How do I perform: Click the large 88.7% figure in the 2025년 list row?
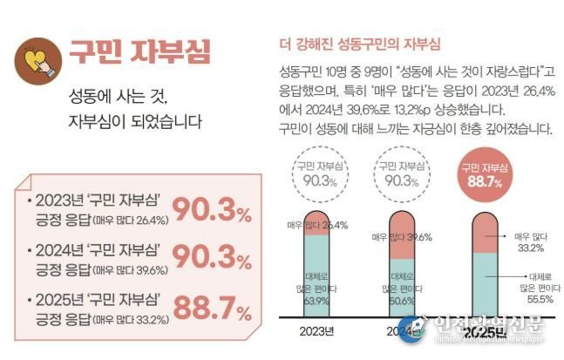tap(212, 307)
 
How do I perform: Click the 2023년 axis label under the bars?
tap(316, 330)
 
